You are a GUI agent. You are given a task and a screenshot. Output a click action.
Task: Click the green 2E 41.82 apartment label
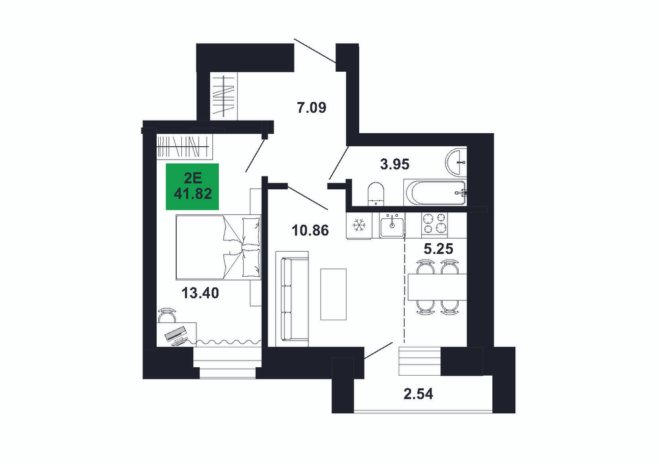coord(192,187)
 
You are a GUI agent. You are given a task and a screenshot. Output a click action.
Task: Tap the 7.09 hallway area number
coord(312,108)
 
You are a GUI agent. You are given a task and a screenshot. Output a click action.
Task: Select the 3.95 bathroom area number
coord(394,164)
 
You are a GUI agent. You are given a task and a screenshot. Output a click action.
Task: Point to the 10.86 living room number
coord(310,230)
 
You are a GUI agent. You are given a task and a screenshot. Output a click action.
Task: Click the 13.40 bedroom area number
coord(200,293)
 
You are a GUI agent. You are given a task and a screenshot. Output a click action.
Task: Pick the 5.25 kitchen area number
coord(438,249)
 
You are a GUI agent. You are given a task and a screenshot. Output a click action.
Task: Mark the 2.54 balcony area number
coord(418,394)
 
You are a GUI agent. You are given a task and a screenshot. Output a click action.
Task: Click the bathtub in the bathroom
coord(435,193)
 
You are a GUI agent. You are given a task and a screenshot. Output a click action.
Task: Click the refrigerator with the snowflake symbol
coord(359,225)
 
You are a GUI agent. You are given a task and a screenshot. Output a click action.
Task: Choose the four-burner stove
coord(434,223)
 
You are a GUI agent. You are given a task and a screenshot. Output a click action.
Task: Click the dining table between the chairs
coord(437,287)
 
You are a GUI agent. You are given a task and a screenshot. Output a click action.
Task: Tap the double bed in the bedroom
coord(219,247)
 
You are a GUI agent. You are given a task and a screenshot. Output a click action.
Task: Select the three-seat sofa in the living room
coord(292,299)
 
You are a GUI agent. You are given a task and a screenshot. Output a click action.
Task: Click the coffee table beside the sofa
coord(333,294)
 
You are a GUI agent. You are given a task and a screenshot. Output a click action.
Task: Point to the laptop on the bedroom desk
coord(177,335)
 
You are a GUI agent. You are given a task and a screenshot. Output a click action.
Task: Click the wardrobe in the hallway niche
coord(223,96)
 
